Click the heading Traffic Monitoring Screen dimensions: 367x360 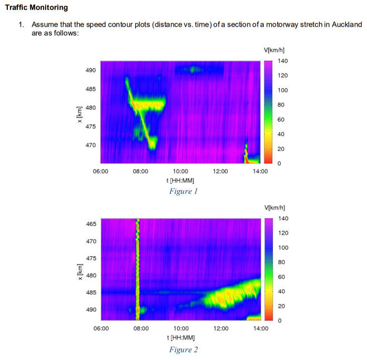pos(36,7)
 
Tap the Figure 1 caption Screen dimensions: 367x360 pos(184,191)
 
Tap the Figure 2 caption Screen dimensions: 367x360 pos(184,350)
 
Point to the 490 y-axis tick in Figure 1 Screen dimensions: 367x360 pos(91,70)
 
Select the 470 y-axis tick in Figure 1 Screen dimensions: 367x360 pos(91,145)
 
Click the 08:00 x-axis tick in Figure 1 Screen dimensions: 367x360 pos(140,172)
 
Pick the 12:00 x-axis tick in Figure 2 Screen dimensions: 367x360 pos(221,329)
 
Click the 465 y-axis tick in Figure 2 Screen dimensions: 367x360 pos(91,224)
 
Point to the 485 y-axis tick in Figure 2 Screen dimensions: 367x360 pos(91,293)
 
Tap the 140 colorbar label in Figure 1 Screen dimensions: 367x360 pos(283,61)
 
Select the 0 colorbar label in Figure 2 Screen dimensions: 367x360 pos(280,320)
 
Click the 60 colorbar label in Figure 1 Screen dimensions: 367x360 pos(281,120)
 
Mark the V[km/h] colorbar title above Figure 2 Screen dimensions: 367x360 pos(275,208)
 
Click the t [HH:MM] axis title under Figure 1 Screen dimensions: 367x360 pos(180,181)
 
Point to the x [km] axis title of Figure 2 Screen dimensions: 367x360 pos(80,272)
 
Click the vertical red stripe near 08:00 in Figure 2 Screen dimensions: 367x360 pos(138,269)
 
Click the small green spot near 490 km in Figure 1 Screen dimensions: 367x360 pos(193,70)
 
